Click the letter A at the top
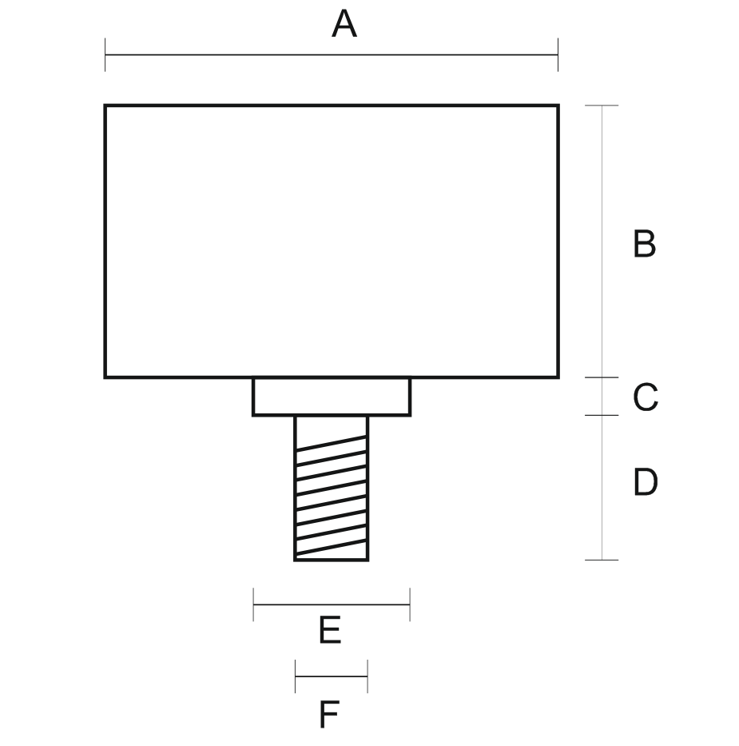344,25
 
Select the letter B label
644,244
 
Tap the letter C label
645,397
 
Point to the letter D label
645,482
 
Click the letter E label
330,631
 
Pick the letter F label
328,714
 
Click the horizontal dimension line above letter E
332,604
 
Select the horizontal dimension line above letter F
332,676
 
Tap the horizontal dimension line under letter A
332,55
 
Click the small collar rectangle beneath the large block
332,397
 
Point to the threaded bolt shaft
332,488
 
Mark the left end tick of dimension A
105,55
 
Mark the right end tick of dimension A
558,55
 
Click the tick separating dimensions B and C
602,377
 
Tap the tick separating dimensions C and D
602,415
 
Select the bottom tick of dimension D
602,560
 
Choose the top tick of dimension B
602,106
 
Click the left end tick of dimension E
253,604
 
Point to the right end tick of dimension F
368,676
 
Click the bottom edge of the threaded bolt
332,560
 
